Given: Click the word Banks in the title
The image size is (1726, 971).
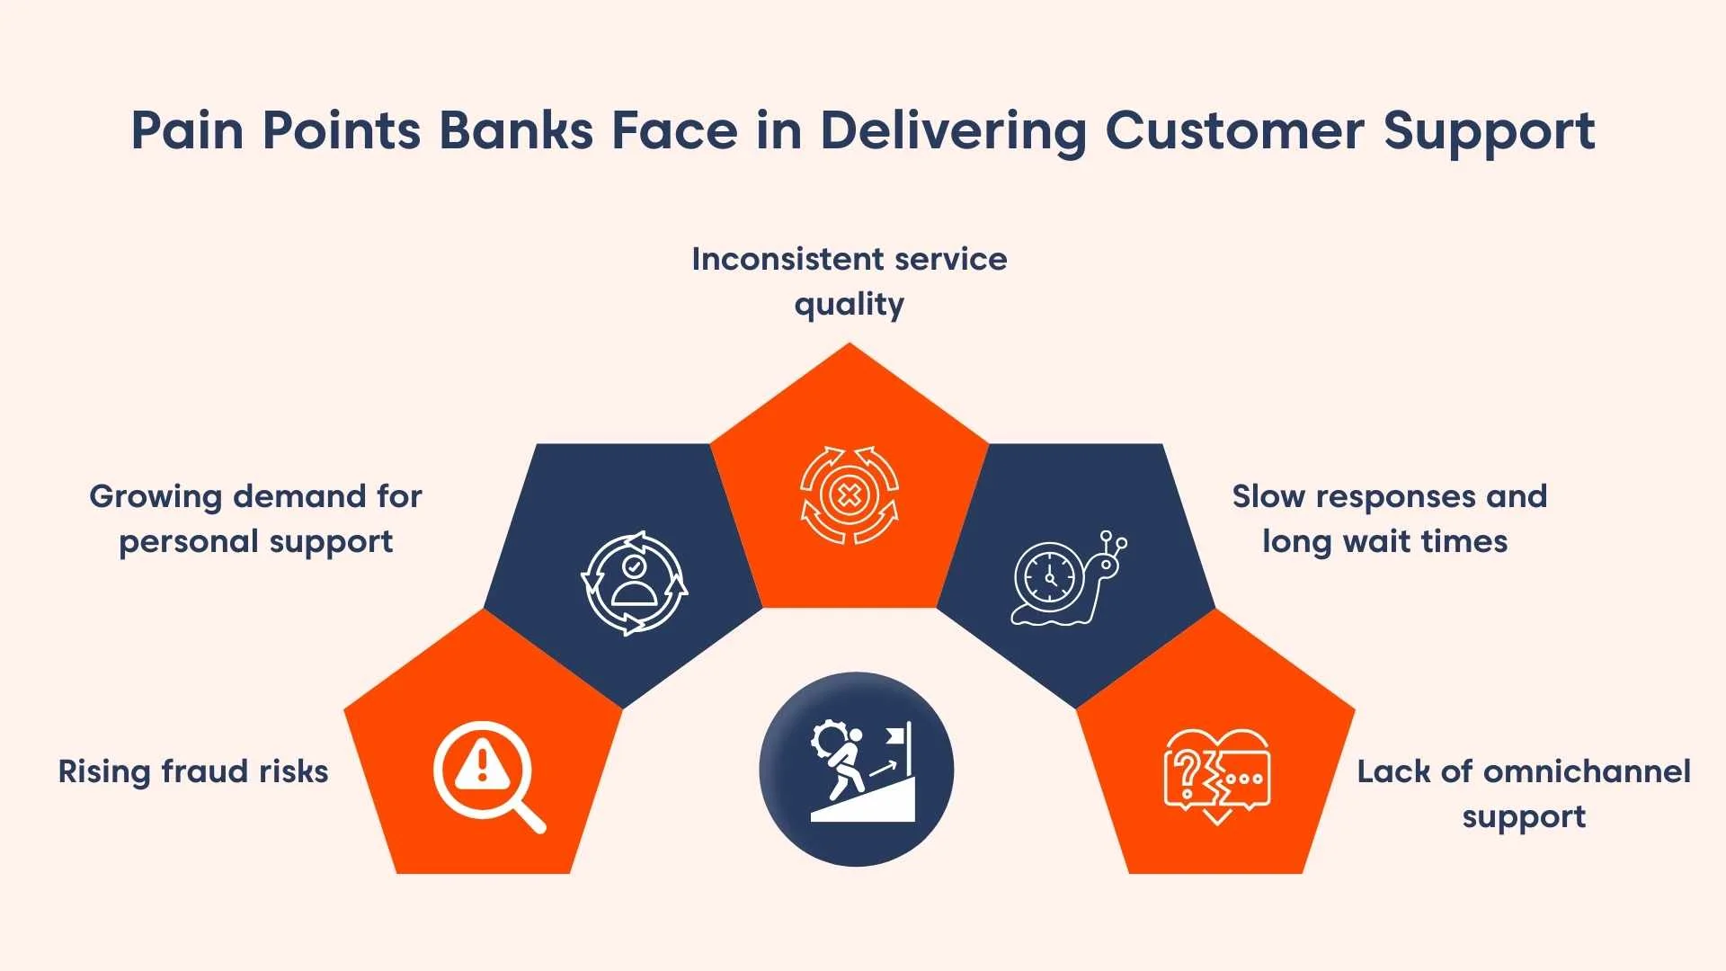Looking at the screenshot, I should click(x=516, y=130).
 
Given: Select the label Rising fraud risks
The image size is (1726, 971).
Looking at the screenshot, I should click(x=193, y=771).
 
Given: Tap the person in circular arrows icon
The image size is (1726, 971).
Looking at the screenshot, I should click(x=635, y=583).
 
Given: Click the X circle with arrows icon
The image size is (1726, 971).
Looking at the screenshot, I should click(x=849, y=494).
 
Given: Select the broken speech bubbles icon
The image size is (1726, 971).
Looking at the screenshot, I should click(x=1216, y=776).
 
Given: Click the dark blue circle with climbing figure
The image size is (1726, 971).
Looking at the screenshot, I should click(x=856, y=770).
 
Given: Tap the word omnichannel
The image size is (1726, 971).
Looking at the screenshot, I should click(x=1587, y=771).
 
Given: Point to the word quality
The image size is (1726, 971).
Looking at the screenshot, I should click(x=849, y=305).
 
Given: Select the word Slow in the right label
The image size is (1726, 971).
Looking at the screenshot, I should click(x=1268, y=496).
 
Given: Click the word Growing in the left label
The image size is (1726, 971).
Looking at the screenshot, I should click(x=156, y=496).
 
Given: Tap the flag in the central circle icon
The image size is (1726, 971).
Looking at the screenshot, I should click(x=896, y=736).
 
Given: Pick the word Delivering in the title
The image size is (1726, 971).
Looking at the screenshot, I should click(x=953, y=130).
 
